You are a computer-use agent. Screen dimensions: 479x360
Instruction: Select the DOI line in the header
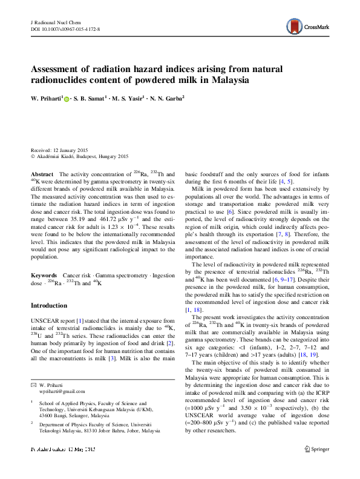click(65, 28)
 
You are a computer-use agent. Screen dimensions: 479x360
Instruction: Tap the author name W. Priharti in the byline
click(45, 97)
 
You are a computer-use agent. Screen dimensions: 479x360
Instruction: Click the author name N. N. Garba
click(166, 97)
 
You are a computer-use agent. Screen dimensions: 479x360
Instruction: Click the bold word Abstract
click(42, 174)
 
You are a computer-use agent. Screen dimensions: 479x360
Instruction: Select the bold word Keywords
click(44, 276)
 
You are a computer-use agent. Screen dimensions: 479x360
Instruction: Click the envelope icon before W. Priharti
click(33, 385)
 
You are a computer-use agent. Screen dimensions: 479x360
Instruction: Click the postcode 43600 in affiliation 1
click(47, 416)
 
